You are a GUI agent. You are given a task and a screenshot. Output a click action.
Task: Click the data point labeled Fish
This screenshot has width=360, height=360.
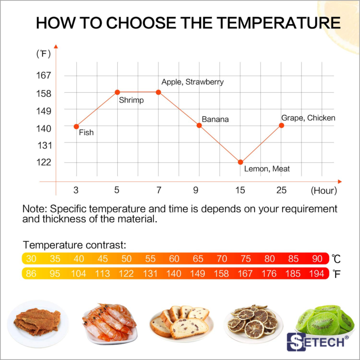pos(76,126)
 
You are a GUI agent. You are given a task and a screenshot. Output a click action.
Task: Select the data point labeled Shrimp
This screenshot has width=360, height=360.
pos(117,92)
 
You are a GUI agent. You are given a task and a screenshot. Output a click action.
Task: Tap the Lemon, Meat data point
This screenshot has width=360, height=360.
pos(240,162)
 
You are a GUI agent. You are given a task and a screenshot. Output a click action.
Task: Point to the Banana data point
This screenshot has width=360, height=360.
pos(199,125)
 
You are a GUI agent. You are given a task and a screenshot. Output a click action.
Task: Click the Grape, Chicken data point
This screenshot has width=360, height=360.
pos(282,125)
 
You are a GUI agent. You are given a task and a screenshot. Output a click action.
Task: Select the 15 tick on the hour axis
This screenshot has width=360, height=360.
pos(240,190)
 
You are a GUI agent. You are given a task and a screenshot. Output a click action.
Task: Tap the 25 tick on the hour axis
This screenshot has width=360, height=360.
pos(281,190)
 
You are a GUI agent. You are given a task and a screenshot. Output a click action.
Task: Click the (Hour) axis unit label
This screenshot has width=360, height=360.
pos(323,191)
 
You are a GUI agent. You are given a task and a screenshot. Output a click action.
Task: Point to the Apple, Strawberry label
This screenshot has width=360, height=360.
pos(193,82)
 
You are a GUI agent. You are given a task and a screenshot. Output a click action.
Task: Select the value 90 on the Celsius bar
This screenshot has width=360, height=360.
pos(317,259)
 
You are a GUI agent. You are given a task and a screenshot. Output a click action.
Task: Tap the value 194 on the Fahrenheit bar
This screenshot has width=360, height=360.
pos(317,274)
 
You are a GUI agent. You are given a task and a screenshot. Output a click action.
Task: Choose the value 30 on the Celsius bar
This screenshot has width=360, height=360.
pos(31,259)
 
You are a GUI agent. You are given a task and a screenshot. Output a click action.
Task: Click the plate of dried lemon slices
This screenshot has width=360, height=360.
pos(253,322)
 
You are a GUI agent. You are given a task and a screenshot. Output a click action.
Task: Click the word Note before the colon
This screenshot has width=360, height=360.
pos(34,209)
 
